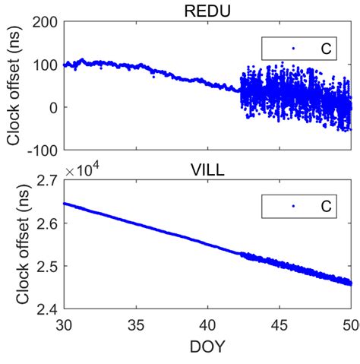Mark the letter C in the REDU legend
(x=326, y=49)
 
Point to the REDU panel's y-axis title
(x=14, y=87)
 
